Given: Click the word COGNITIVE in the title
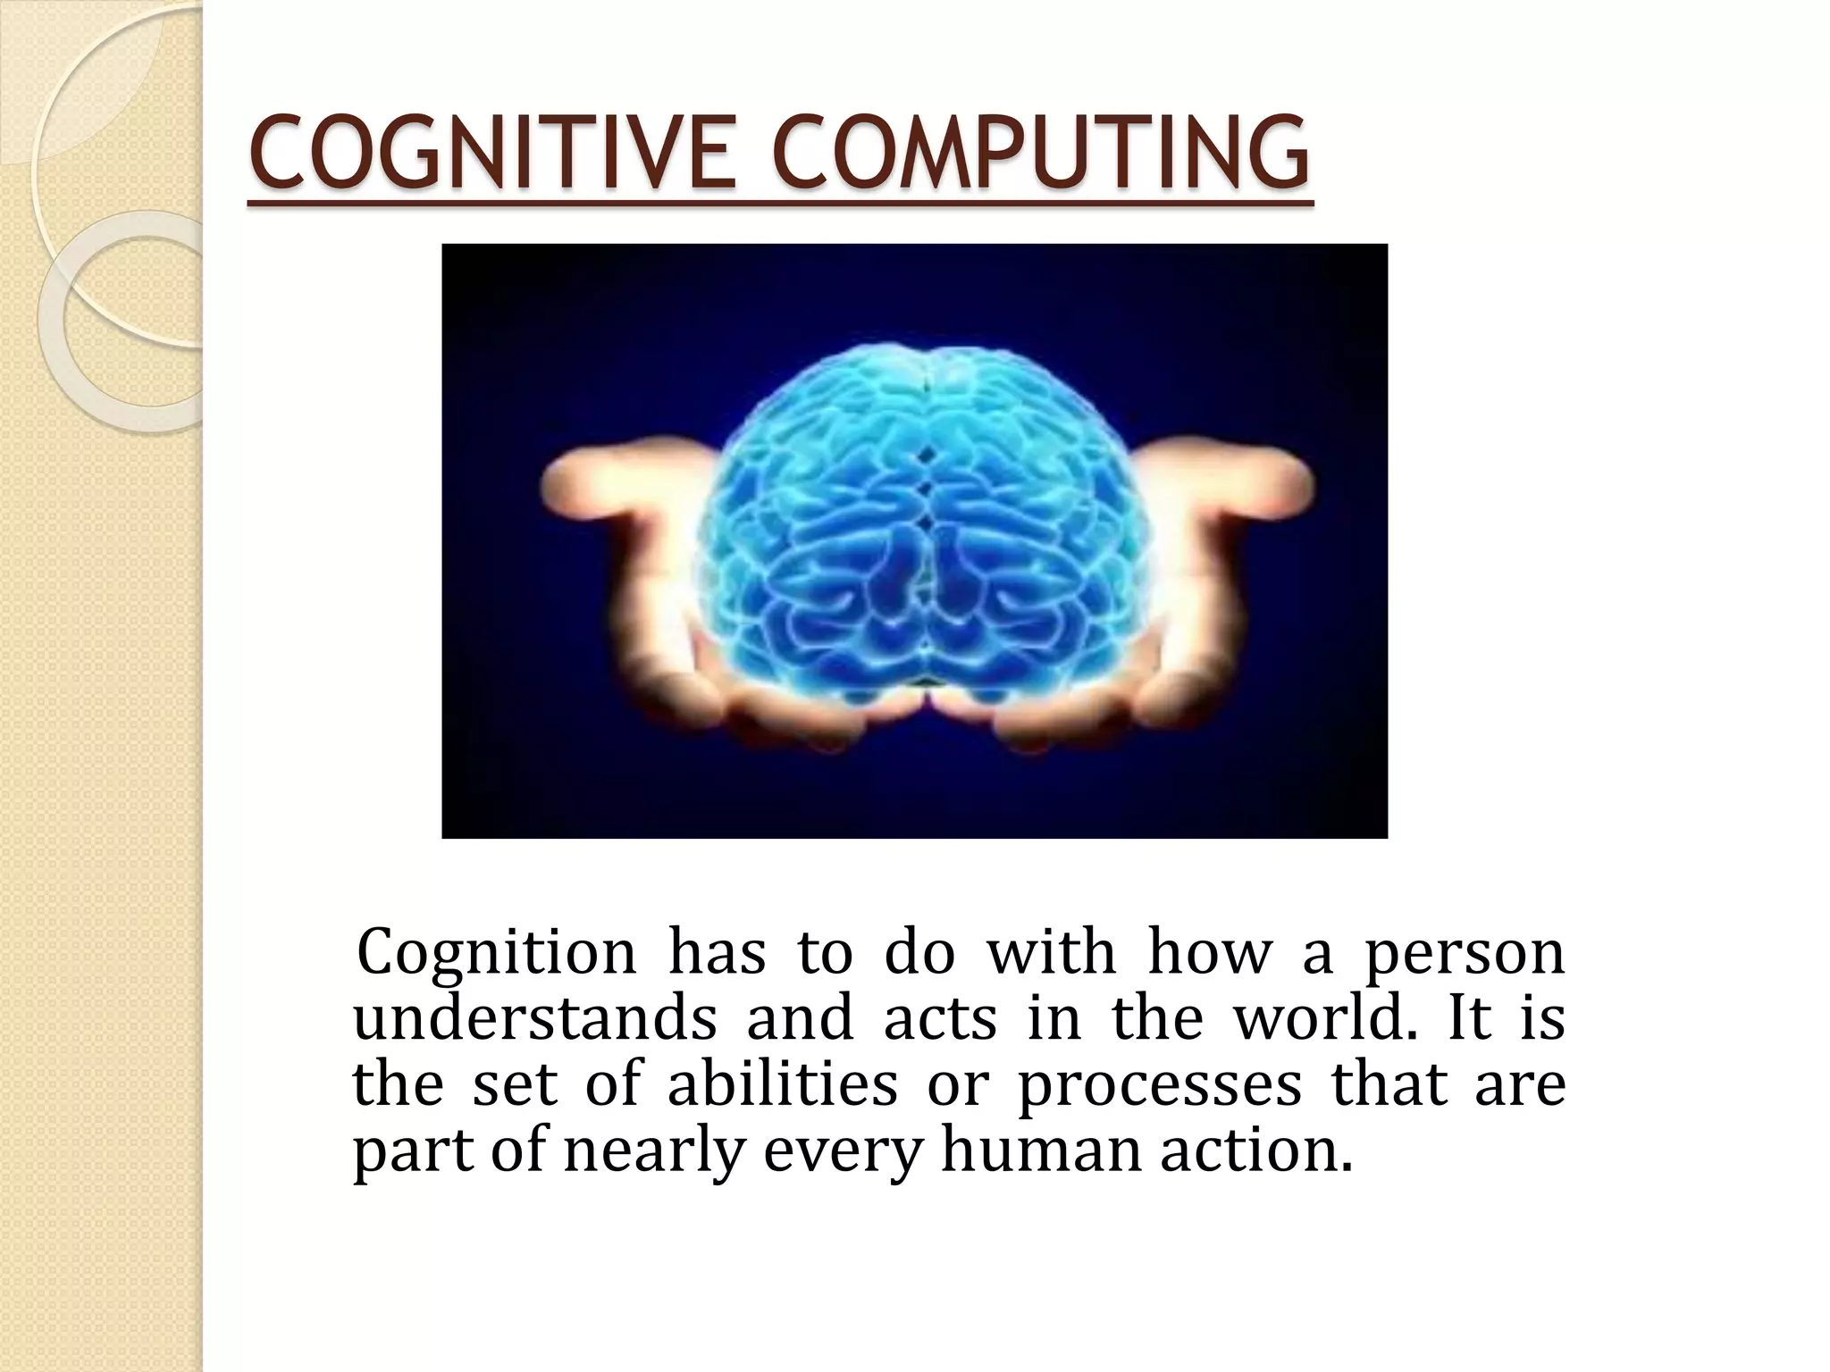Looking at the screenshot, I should [491, 152].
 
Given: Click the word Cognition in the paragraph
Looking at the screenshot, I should [496, 954].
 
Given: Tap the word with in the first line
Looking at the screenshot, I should [1051, 954].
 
